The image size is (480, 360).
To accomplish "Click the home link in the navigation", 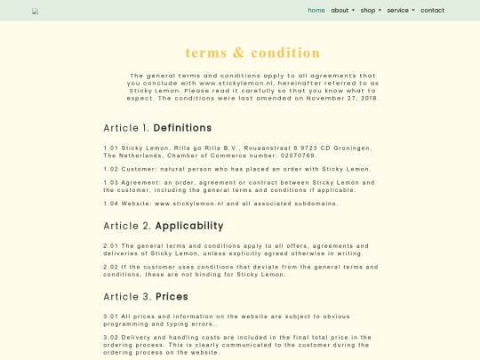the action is [x=316, y=11].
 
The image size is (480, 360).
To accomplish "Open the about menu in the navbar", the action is [x=342, y=11].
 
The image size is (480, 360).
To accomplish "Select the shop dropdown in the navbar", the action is [x=370, y=11].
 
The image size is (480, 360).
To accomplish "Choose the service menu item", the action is [x=400, y=11].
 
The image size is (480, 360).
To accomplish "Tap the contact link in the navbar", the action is [x=432, y=11].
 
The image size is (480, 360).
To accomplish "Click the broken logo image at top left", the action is [x=36, y=12].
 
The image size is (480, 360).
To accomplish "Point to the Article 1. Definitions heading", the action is [x=157, y=127].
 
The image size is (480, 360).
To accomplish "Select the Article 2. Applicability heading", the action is [x=163, y=225].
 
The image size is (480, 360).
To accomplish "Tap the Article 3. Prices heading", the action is [x=146, y=296].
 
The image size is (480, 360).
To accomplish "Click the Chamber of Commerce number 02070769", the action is [x=297, y=155].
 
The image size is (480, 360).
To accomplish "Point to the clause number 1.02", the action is [x=111, y=168].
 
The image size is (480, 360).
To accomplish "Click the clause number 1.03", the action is [x=111, y=182].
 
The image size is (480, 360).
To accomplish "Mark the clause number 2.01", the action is [x=111, y=245].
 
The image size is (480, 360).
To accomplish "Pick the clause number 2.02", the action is [x=111, y=267].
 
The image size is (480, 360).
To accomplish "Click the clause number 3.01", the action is [x=111, y=316].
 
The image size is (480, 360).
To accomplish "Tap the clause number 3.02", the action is [x=111, y=338].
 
